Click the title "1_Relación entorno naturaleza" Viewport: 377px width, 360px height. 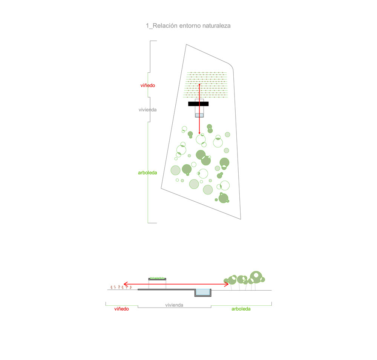[x=188, y=26]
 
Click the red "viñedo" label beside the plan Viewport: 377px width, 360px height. [x=148, y=85]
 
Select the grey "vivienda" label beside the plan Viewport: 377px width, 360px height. [x=147, y=110]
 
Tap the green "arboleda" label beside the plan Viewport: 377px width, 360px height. [x=147, y=173]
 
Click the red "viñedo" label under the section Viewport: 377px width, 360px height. [x=121, y=309]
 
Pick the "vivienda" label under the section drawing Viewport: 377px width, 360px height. [x=174, y=305]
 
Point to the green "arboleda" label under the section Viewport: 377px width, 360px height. [x=241, y=309]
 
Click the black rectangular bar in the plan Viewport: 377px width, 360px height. [x=198, y=104]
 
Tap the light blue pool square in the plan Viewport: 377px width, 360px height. [x=199, y=115]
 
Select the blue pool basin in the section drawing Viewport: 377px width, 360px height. [x=203, y=292]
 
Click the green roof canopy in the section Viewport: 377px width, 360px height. [x=157, y=279]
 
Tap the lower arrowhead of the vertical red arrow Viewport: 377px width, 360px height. [x=199, y=133]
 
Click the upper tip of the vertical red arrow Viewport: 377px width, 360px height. [x=199, y=84]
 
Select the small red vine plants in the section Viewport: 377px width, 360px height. [x=121, y=287]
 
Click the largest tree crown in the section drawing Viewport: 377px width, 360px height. [x=256, y=277]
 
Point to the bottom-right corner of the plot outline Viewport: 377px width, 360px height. [x=241, y=219]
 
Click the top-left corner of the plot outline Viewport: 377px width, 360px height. [x=186, y=44]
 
